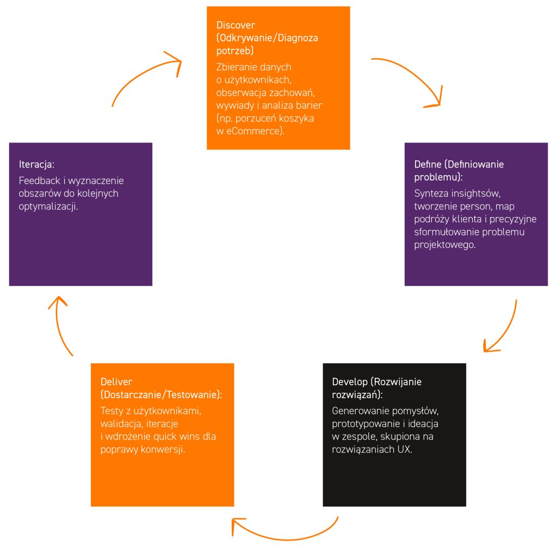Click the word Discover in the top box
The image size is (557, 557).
point(236,25)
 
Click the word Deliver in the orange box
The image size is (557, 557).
point(116,382)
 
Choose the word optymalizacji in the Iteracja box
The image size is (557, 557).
point(48,207)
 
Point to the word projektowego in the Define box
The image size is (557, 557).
point(444,245)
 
